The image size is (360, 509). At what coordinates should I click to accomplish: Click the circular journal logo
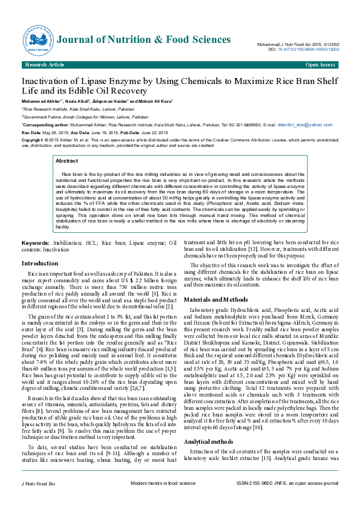38,40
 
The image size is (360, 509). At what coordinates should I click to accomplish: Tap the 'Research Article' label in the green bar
45,65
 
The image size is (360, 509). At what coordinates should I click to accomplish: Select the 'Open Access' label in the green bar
320,65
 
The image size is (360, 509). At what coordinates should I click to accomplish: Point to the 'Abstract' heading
67,161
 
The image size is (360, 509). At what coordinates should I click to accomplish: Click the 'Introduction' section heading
40,264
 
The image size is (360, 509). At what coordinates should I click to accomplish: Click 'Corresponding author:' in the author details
44,124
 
